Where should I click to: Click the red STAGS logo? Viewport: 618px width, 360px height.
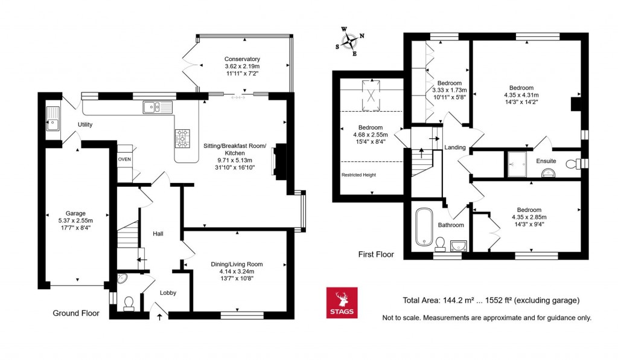pos(342,303)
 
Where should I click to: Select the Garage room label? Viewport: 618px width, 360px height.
pos(76,213)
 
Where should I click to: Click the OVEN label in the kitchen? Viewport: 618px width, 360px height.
pos(124,159)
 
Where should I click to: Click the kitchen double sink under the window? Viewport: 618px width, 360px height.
pos(157,107)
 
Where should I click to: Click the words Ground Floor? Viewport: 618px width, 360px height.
pos(76,313)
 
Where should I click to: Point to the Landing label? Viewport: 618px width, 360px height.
pos(455,147)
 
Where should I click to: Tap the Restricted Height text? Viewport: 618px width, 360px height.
pos(360,175)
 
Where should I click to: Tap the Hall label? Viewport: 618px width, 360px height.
pos(158,234)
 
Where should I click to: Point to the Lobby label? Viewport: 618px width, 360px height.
pos(168,293)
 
